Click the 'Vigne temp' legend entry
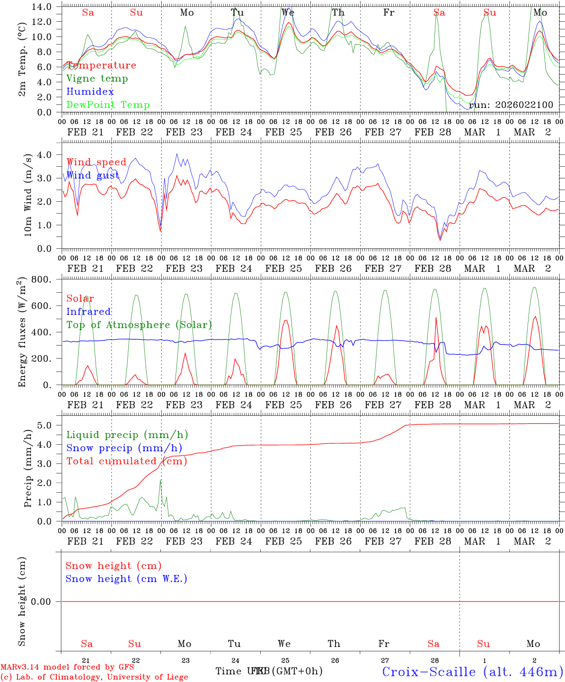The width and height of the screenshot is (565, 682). click(97, 79)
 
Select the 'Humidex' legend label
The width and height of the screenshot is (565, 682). click(90, 92)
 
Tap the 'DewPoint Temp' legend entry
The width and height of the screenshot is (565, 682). click(108, 105)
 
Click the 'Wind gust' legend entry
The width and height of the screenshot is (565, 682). click(93, 176)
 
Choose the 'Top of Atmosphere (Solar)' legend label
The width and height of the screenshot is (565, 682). click(139, 325)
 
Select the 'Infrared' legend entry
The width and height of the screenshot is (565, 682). click(88, 312)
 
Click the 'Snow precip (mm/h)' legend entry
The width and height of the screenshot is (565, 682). click(124, 448)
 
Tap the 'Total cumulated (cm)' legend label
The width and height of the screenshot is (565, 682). click(126, 461)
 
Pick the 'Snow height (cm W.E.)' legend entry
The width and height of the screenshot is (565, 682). click(126, 579)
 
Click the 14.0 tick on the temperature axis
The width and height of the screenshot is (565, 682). click(42, 7)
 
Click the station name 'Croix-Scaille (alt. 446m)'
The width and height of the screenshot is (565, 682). click(473, 672)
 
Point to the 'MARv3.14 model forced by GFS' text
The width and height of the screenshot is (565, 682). click(67, 667)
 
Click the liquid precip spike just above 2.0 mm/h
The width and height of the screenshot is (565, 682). click(160, 481)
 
